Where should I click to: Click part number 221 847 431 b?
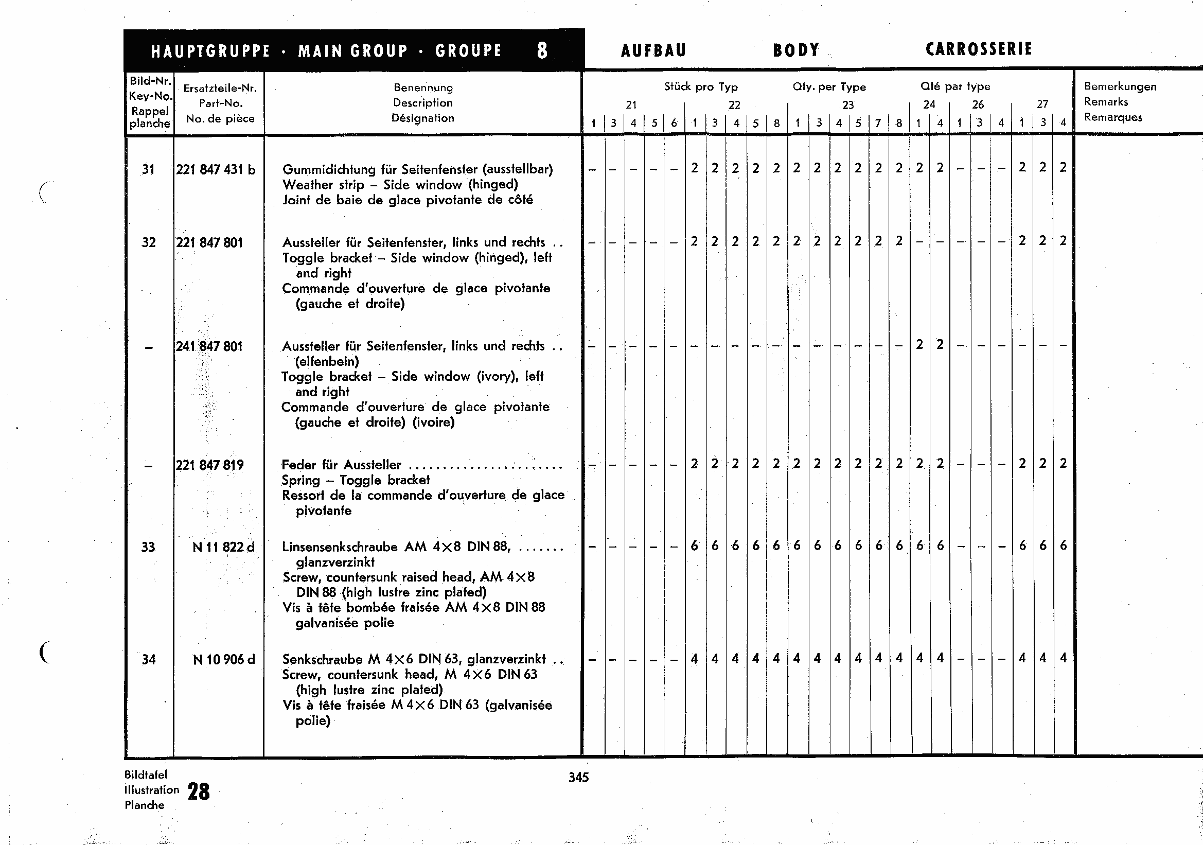(x=216, y=170)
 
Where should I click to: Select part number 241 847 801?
(x=209, y=346)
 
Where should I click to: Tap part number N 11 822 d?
(x=223, y=548)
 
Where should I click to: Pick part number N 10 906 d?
(x=224, y=660)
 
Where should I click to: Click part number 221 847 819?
(x=209, y=465)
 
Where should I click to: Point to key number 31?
(x=148, y=170)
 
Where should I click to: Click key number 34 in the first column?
(x=149, y=660)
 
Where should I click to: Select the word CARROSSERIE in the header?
(x=979, y=49)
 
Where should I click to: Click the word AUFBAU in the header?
(x=653, y=50)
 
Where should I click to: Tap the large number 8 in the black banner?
(x=542, y=50)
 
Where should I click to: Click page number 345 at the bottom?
(x=578, y=778)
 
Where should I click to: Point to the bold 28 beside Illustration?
(x=199, y=791)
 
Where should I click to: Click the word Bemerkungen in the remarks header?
(x=1120, y=86)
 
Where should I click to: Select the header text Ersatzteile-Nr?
(x=220, y=89)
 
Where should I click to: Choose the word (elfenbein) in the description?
(x=327, y=361)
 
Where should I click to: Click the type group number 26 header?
(x=978, y=104)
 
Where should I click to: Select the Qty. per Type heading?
(x=829, y=87)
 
